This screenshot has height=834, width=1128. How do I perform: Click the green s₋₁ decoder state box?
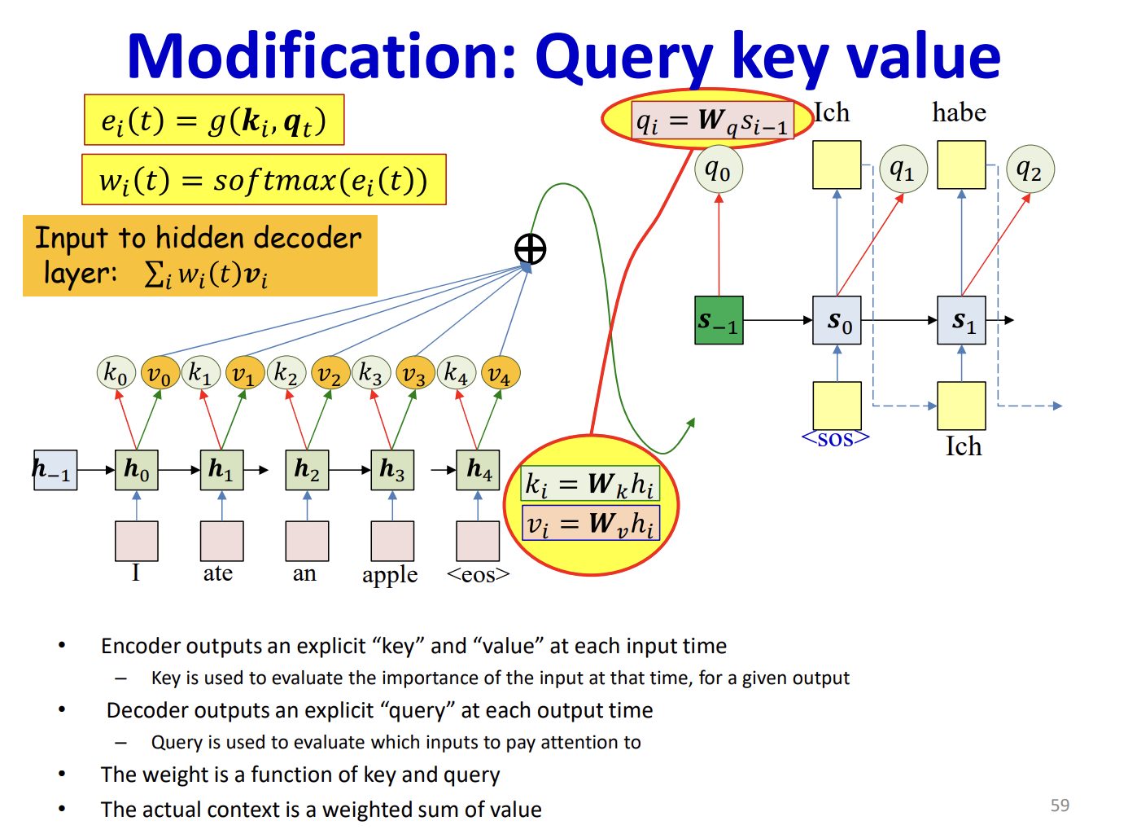(719, 320)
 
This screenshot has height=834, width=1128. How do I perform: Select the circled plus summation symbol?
(531, 249)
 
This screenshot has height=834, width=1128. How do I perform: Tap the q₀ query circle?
(718, 170)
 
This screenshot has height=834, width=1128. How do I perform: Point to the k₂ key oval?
(286, 373)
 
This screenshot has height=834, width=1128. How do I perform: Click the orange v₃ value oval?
(414, 374)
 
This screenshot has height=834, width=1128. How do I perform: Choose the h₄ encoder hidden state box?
(479, 470)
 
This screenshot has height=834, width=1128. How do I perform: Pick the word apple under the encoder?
(390, 574)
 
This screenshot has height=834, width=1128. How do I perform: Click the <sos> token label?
(836, 439)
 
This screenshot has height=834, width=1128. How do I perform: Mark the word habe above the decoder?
(959, 112)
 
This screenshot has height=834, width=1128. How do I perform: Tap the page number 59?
(1060, 805)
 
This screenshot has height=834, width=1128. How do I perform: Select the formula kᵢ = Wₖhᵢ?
(590, 484)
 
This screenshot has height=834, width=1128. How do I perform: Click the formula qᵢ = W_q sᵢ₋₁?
(712, 121)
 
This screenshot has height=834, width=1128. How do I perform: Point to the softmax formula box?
(264, 180)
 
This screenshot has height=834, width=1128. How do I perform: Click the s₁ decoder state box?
(962, 320)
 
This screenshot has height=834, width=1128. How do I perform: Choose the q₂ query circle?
(1030, 170)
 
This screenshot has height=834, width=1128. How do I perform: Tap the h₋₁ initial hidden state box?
(55, 470)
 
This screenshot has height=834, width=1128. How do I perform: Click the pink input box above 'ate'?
(221, 541)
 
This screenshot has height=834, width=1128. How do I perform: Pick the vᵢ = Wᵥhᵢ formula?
(590, 523)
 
